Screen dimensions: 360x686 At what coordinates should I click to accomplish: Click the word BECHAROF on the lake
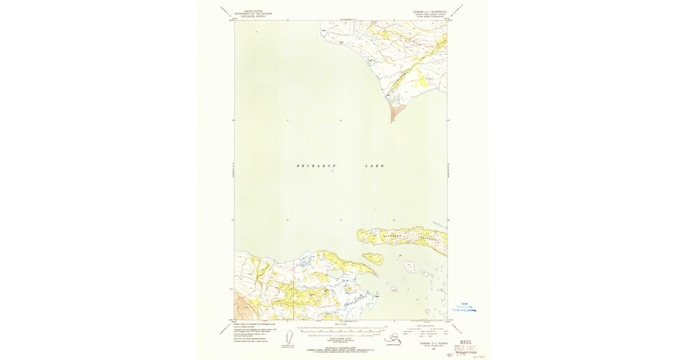314,166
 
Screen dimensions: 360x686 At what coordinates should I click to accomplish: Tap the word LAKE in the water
374,166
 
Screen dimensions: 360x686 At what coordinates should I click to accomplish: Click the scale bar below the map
341,330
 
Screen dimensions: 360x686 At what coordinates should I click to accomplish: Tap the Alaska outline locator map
393,340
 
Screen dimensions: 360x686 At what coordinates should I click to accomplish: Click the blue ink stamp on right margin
464,307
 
